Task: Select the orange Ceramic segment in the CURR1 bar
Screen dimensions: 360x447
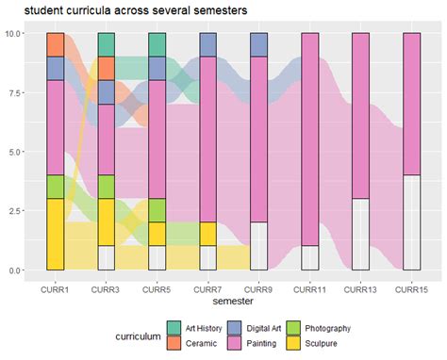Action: tap(56, 44)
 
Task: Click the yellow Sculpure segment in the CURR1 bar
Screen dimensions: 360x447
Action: tap(56, 234)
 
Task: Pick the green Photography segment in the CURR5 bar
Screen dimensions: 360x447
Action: tap(157, 210)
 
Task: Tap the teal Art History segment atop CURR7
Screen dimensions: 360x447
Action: tap(208, 44)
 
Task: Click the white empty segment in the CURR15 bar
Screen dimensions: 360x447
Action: tap(411, 222)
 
